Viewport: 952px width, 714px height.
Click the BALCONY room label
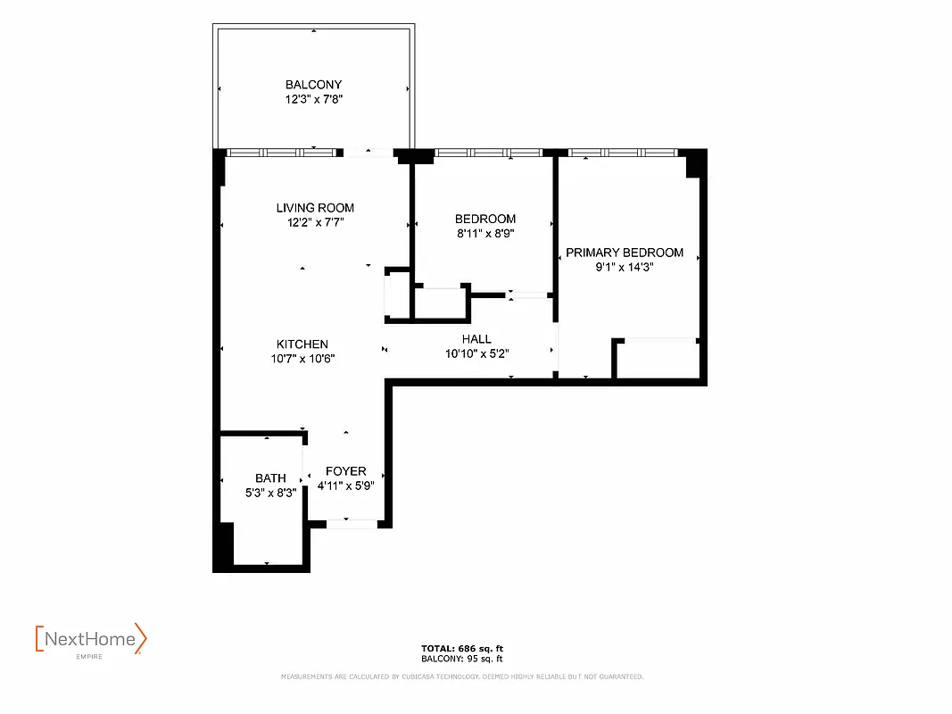[x=313, y=85]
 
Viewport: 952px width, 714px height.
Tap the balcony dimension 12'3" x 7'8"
[x=313, y=100]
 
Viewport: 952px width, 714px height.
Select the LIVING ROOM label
[x=315, y=208]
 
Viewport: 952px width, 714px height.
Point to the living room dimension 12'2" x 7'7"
[x=315, y=222]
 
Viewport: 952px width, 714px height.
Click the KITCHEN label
[x=302, y=344]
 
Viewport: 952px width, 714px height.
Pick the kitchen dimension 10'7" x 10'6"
[x=302, y=359]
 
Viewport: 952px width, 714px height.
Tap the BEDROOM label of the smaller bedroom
[x=484, y=219]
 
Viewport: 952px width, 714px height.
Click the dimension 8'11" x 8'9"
[x=484, y=234]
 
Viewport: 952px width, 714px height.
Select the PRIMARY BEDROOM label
[x=625, y=253]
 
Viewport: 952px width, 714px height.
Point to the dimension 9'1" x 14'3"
[x=625, y=267]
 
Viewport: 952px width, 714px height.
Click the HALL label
[x=476, y=339]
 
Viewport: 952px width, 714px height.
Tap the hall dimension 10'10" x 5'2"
[x=476, y=353]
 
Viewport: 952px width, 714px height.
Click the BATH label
[x=270, y=478]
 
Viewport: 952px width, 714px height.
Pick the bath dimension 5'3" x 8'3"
[x=270, y=492]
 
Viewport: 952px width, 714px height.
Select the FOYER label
[x=345, y=471]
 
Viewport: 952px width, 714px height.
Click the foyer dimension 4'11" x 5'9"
[x=345, y=486]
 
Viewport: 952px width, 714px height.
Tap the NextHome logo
[x=90, y=640]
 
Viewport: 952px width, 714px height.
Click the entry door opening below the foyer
[x=351, y=524]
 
